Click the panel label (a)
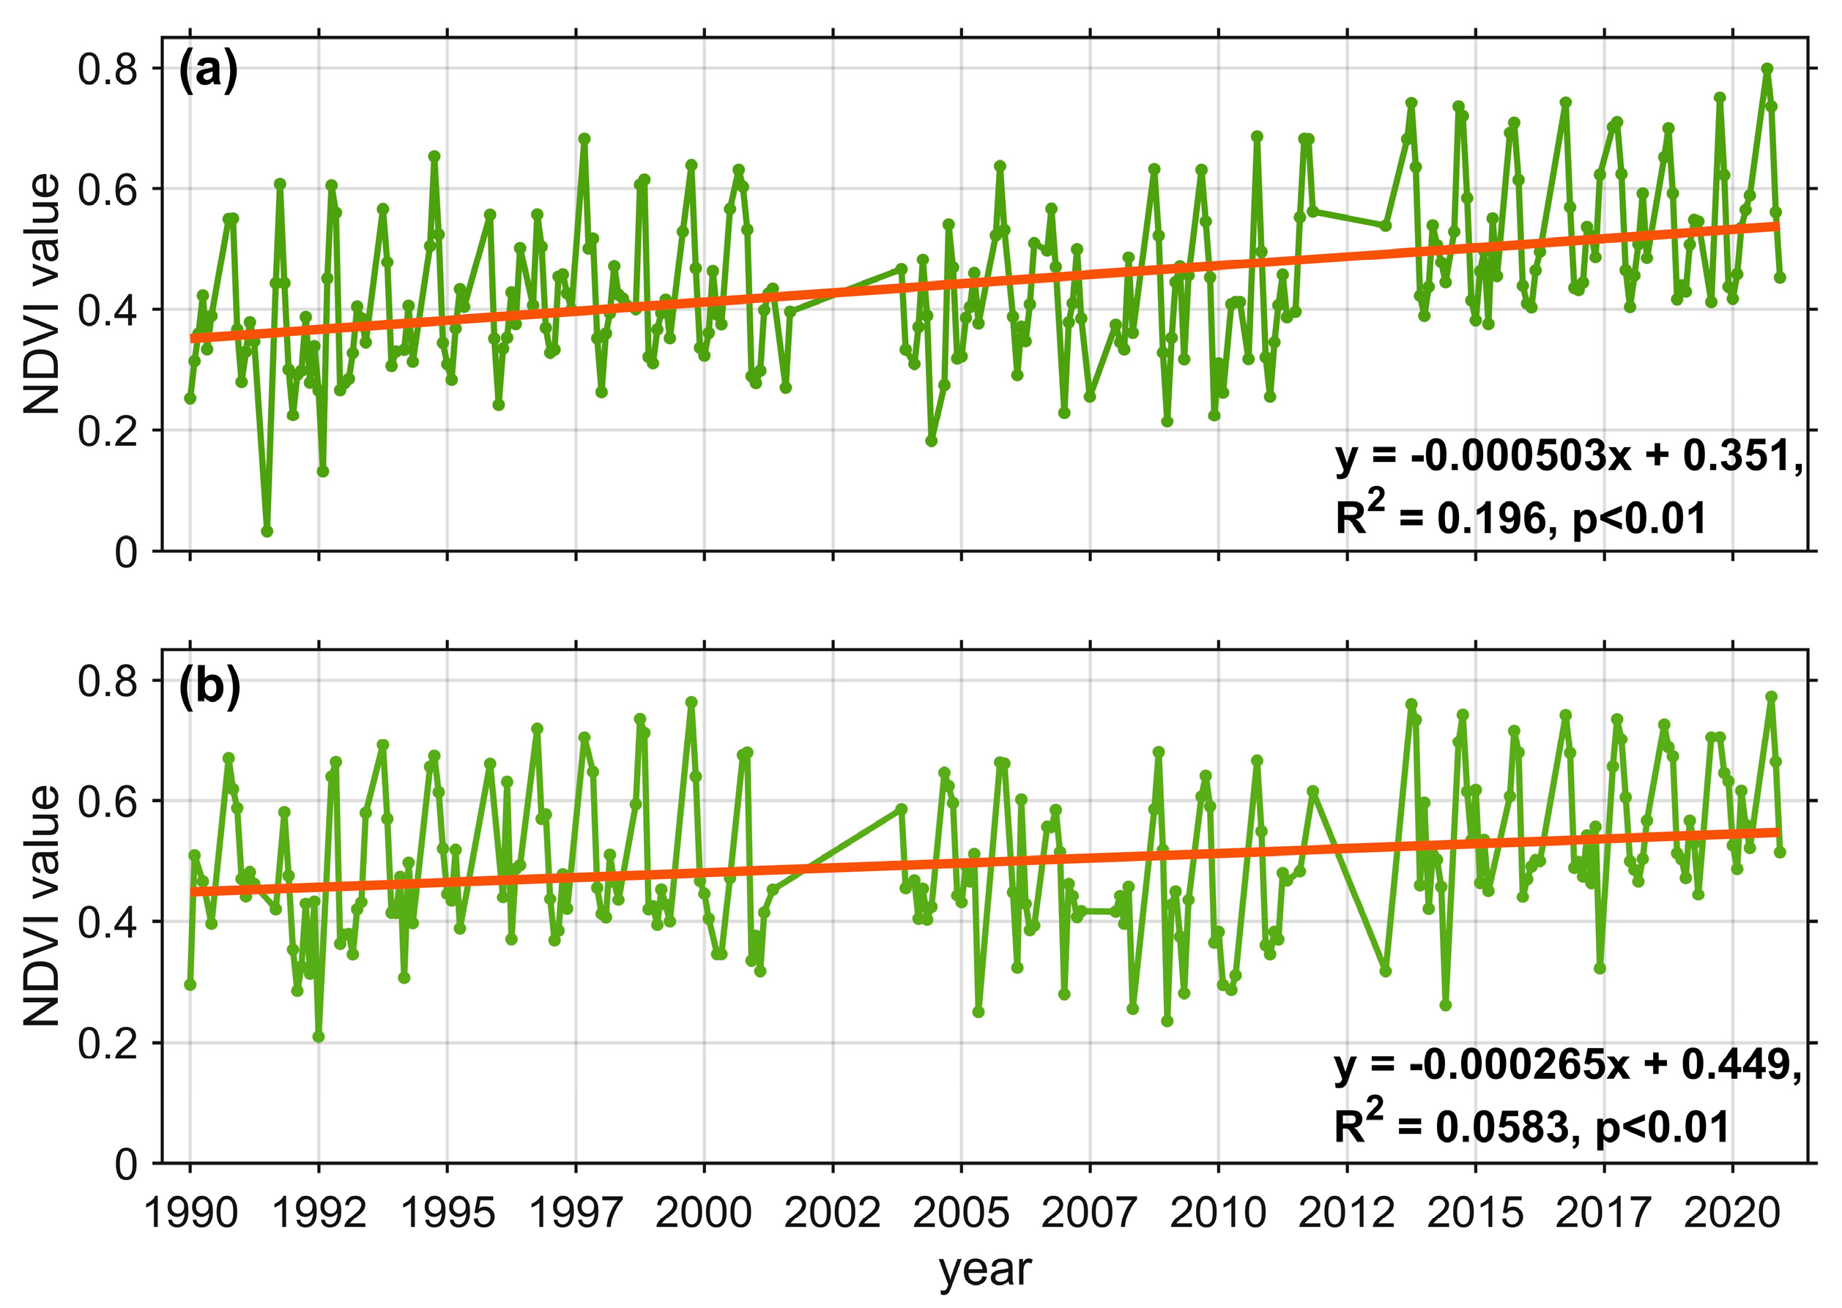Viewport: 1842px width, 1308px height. coord(208,71)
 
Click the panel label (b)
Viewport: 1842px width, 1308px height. coord(209,687)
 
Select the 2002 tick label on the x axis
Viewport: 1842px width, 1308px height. coord(831,1213)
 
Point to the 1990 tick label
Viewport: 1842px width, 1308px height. coord(190,1213)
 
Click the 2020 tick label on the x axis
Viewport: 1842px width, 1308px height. coord(1731,1213)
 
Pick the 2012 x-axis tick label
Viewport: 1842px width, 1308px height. coord(1345,1213)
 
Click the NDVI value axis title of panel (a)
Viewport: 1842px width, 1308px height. coord(42,294)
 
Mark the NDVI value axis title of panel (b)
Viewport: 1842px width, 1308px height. coord(42,906)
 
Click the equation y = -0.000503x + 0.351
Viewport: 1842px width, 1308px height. coord(1567,456)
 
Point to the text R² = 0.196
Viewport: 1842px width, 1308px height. coord(1442,518)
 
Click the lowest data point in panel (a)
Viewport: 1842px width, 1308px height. coord(267,531)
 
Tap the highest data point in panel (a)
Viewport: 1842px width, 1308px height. coord(1767,70)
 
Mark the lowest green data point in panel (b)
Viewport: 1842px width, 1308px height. coord(319,1036)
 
